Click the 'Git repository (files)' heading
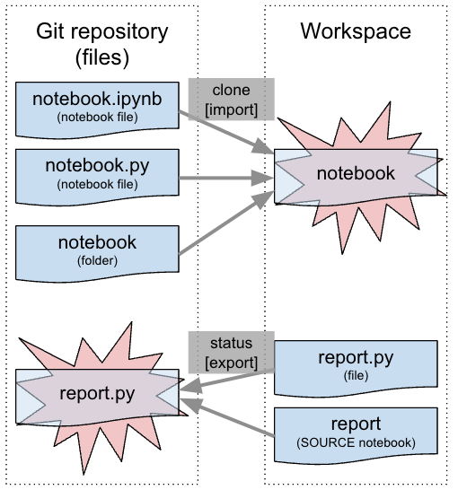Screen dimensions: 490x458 click(x=101, y=44)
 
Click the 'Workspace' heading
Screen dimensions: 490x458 click(x=356, y=31)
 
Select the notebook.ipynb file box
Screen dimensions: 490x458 click(x=97, y=106)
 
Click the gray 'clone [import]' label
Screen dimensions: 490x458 click(x=231, y=99)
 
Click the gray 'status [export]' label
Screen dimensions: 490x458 click(x=231, y=354)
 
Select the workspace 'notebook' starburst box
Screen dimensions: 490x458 click(x=356, y=173)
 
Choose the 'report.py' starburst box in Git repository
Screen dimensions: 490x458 click(x=97, y=392)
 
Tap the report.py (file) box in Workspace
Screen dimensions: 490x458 click(x=356, y=366)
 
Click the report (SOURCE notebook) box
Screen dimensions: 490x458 click(x=356, y=433)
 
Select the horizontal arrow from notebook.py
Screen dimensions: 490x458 click(x=225, y=179)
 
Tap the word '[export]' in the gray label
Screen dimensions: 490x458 click(x=231, y=363)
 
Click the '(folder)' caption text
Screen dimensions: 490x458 click(x=97, y=260)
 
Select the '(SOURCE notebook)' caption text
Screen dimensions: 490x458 click(x=356, y=443)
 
